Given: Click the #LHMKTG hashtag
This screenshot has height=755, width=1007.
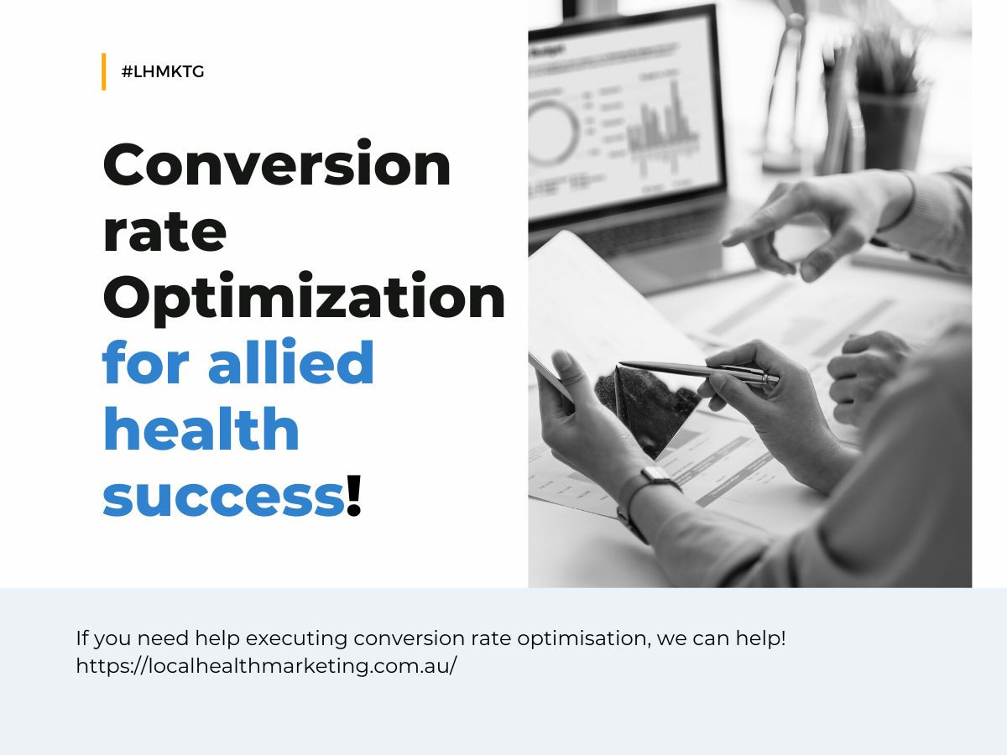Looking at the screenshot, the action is tap(163, 72).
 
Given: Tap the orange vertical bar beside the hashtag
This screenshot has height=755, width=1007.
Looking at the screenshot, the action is tap(104, 71).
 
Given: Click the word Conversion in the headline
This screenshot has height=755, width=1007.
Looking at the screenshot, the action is tap(277, 164).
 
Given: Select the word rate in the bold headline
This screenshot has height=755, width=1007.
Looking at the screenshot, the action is tap(164, 232).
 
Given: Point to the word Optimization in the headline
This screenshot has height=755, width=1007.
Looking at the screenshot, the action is tap(304, 298).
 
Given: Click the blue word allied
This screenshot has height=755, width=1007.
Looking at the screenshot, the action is tap(291, 361).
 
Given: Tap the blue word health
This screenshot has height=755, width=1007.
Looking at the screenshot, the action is tap(201, 428).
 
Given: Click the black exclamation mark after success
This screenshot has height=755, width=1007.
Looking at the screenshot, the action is tap(354, 496).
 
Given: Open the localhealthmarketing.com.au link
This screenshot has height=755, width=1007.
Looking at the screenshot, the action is tap(267, 665).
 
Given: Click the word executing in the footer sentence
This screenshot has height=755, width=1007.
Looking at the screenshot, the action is tap(296, 639).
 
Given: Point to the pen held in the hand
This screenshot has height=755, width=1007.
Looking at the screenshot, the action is tap(697, 372).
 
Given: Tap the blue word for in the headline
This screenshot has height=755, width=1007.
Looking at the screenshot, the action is tap(146, 361).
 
